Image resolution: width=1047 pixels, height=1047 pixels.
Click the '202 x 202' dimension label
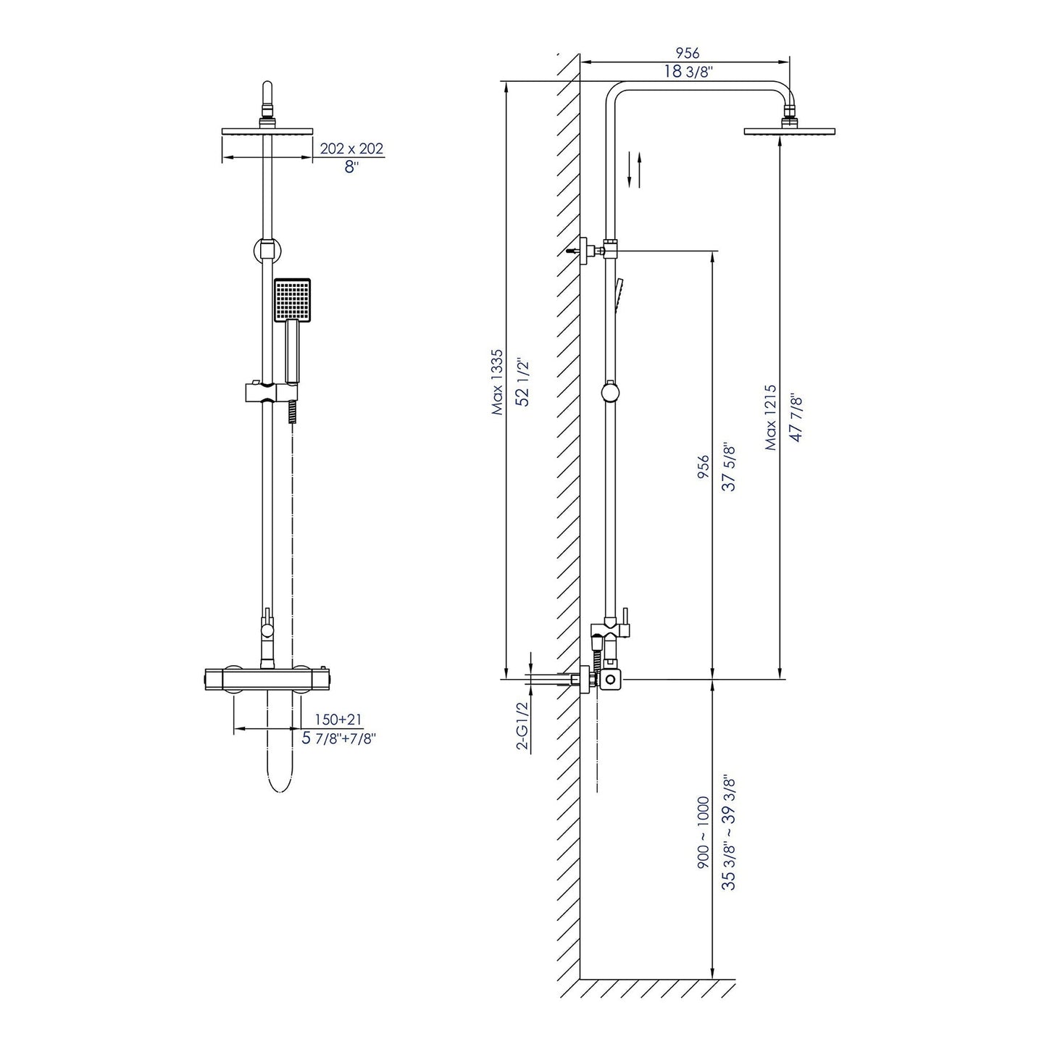(351, 149)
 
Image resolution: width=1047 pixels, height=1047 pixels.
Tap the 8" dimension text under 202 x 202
(351, 167)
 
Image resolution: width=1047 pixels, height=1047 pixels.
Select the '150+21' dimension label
(338, 719)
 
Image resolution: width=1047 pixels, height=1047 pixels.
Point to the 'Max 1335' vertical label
(497, 382)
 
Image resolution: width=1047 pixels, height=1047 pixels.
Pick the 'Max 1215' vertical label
(771, 417)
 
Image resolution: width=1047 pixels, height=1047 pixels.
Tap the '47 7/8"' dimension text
(796, 417)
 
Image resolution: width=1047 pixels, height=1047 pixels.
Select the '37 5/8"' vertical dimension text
(729, 467)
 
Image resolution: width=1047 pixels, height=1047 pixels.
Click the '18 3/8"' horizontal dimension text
(688, 71)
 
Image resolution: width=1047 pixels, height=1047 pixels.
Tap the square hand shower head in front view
(292, 300)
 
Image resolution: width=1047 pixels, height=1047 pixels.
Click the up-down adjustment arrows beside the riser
(635, 169)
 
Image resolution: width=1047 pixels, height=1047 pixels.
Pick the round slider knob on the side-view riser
(611, 393)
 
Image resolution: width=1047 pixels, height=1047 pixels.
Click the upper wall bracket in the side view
(588, 249)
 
